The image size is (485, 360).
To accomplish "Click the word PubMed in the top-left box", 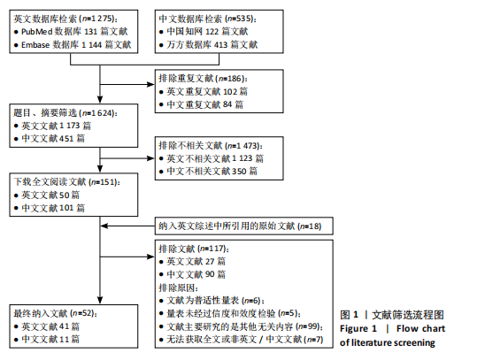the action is (37, 32).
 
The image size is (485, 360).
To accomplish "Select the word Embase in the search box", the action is (35, 45).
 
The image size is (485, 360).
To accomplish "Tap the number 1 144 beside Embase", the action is (91, 45).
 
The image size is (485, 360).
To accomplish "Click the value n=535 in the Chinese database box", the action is (240, 19).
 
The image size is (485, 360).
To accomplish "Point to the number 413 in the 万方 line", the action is (221, 45).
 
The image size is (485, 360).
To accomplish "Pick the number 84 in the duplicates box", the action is (227, 104).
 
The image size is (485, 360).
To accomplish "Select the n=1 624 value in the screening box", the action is (98, 113).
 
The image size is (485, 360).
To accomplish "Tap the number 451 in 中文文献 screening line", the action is (66, 139).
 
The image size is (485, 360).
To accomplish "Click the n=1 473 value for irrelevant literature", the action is (242, 146).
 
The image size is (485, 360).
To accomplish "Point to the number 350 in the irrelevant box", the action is (239, 172).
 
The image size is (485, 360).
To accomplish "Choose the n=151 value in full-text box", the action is (104, 182).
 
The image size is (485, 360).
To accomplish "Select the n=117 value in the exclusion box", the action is (212, 249).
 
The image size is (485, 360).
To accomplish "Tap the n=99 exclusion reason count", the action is (307, 326).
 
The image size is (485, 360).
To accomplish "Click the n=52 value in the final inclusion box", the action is (82, 313).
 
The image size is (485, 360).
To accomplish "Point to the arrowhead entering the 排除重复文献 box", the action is (151, 84).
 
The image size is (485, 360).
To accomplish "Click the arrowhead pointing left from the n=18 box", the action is (104, 226).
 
